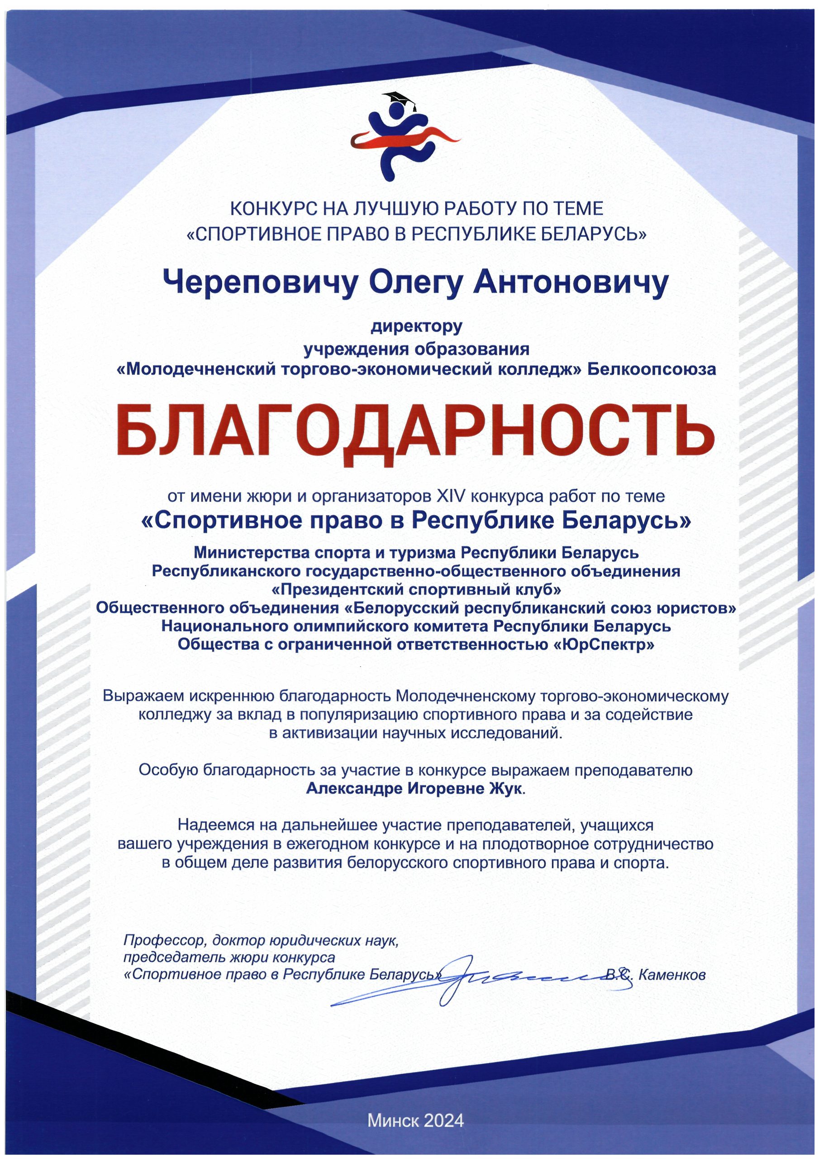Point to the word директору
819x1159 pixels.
click(x=417, y=326)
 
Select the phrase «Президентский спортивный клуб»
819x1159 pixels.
click(x=417, y=589)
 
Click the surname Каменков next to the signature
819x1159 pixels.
click(x=671, y=975)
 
